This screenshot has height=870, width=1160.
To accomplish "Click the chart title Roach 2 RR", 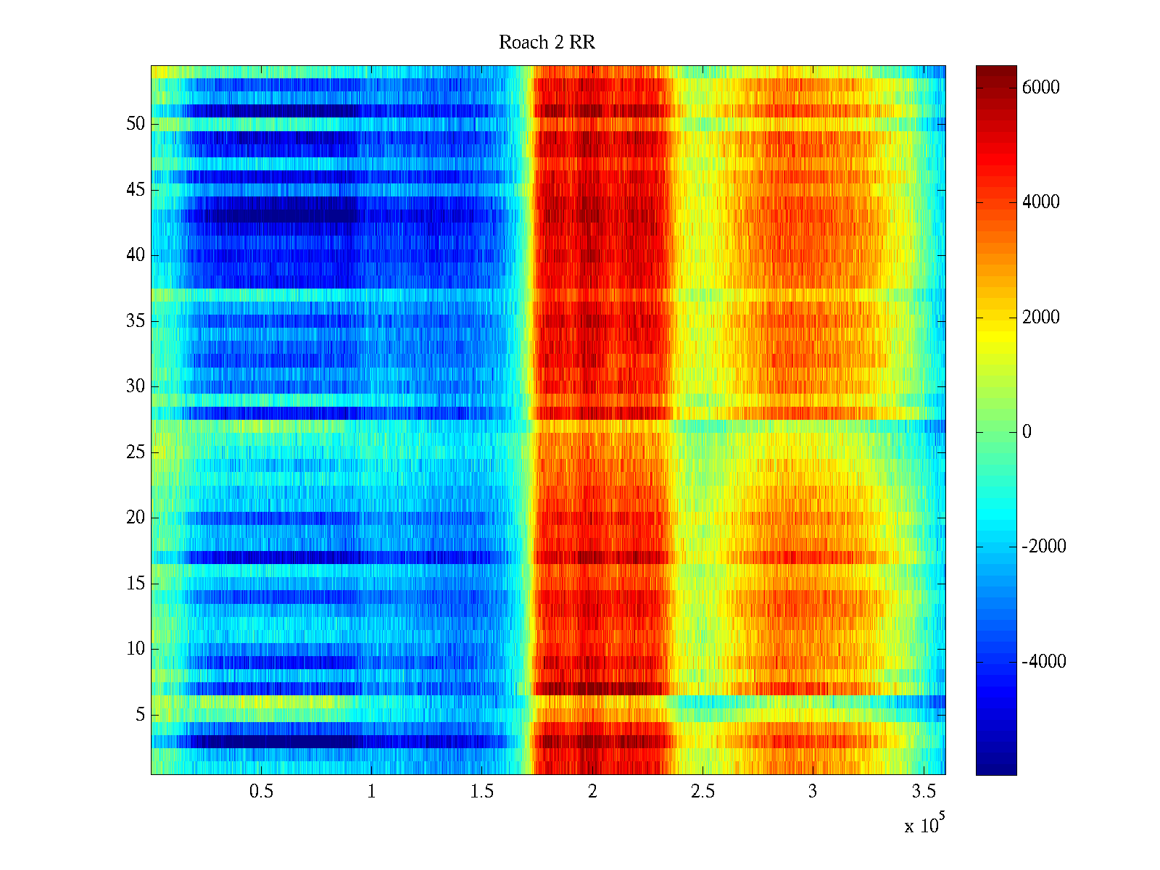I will [x=547, y=43].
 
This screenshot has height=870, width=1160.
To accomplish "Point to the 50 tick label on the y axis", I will [x=136, y=124].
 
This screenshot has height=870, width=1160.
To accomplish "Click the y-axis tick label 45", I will [x=136, y=190].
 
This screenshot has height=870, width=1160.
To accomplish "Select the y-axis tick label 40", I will [x=136, y=255].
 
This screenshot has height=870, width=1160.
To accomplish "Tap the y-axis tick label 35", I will [x=136, y=320].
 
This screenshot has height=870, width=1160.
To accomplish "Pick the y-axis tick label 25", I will [x=136, y=452].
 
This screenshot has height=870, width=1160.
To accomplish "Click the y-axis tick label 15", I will [x=136, y=584].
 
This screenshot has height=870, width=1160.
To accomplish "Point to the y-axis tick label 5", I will [x=140, y=715].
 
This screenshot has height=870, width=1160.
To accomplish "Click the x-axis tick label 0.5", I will [x=261, y=792].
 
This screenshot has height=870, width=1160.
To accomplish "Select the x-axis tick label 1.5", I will [x=481, y=792].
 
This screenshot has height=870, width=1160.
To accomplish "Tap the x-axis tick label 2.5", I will [x=703, y=792].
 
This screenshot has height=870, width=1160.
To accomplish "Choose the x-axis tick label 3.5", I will [x=923, y=792].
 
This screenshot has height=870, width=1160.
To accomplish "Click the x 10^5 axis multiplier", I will [x=924, y=824].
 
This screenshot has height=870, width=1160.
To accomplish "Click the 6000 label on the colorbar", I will [x=1040, y=88].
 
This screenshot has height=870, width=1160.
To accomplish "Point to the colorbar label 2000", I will [x=1040, y=318].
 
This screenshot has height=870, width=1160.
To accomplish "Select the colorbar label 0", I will [x=1027, y=432].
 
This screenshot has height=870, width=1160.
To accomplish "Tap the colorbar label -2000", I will [x=1043, y=547].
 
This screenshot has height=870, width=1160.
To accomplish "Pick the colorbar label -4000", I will [x=1043, y=661].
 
